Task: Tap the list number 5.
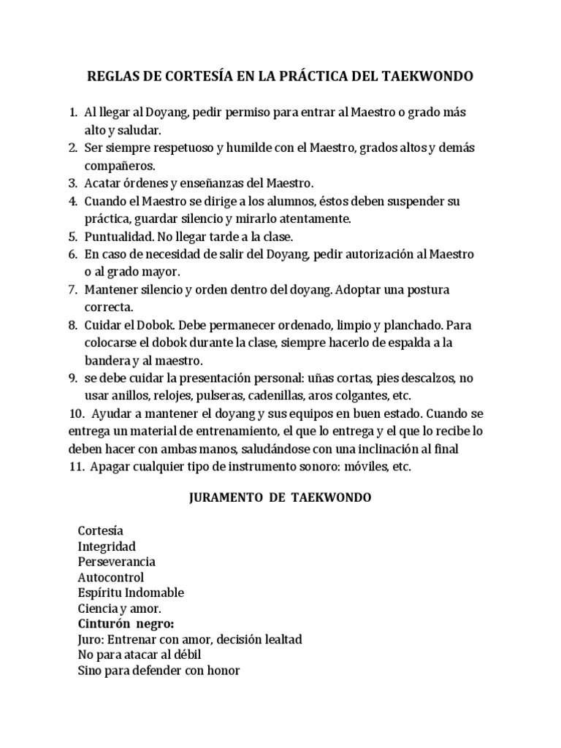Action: pos(73,237)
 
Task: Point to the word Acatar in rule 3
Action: pos(103,183)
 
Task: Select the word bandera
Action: pos(107,361)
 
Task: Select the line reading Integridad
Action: pos(107,546)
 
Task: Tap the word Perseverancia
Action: pos(116,562)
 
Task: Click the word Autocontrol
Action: pos(110,578)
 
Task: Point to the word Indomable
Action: pos(154,592)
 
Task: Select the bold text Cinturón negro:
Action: pos(126,624)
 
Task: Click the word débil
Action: pos(183,654)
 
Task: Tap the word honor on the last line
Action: pos(224,671)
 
